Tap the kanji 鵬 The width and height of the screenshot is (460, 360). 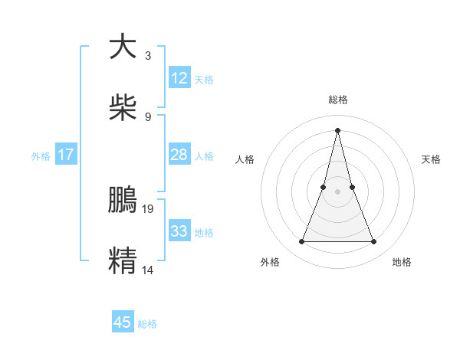tap(122, 199)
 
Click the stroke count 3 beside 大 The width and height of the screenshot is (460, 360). tap(147, 55)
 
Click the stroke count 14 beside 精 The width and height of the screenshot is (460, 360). tap(148, 269)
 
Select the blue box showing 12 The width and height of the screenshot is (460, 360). tap(179, 78)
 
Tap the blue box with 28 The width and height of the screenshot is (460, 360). tap(179, 155)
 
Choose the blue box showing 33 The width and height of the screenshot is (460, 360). tap(179, 231)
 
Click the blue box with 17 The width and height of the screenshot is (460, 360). tap(66, 155)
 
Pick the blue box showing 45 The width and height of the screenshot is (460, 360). tap(122, 322)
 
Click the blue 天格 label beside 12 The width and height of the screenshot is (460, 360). tap(204, 80)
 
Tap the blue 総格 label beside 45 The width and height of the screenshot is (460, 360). tap(147, 324)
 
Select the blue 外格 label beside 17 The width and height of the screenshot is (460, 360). tap(41, 156)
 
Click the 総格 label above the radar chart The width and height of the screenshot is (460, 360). tap(337, 100)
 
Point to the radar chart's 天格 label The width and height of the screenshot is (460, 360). tap(431, 159)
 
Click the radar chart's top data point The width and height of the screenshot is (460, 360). tap(337, 129)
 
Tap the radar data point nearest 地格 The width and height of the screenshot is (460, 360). tap(374, 242)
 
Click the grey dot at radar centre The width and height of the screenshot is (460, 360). tap(337, 191)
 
